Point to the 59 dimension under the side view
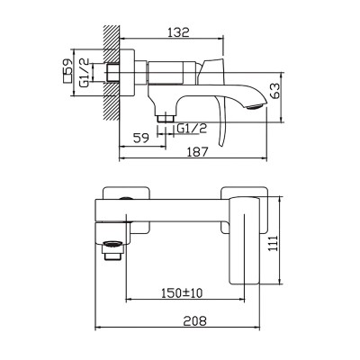coord(140,138)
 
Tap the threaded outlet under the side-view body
coord(166,117)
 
